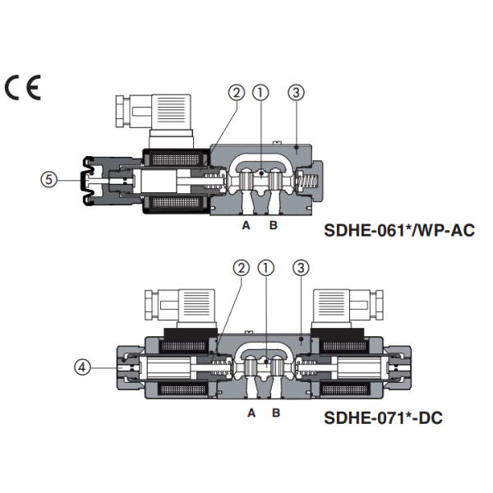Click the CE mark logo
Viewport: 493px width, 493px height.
[22, 88]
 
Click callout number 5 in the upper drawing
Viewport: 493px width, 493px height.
[51, 178]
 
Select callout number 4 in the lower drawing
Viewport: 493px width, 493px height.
[82, 368]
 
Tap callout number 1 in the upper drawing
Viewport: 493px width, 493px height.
[260, 93]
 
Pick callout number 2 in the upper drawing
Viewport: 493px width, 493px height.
[237, 93]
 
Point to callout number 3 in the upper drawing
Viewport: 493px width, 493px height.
[296, 93]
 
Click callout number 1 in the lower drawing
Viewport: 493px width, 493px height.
[265, 267]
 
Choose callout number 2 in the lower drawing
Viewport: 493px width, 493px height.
[241, 267]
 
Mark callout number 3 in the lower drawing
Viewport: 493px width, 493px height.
[301, 267]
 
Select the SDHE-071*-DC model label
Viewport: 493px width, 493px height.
[383, 418]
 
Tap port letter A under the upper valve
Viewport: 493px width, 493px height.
[245, 225]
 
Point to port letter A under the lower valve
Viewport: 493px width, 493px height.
[251, 412]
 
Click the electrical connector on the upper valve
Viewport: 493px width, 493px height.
[158, 115]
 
